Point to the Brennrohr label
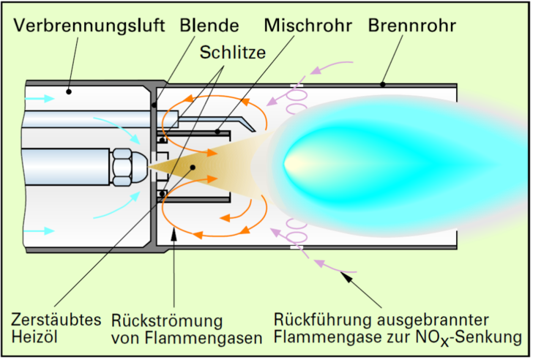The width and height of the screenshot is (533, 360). click(412, 26)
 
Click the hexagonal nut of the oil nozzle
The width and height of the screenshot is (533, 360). click(122, 167)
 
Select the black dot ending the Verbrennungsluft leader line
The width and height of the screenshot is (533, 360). click(67, 91)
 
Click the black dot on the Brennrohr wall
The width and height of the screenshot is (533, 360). click(382, 85)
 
